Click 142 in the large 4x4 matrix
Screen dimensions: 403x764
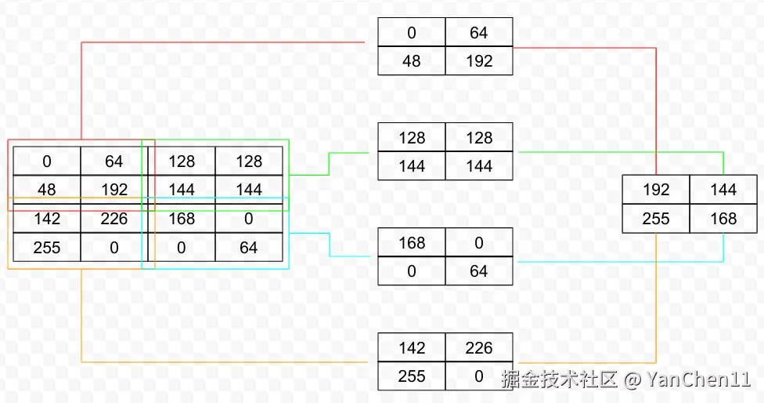tap(47, 219)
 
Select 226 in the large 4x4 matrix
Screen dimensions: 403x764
tap(114, 219)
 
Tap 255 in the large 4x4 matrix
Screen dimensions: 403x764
tap(47, 248)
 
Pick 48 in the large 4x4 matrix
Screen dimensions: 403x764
tap(47, 190)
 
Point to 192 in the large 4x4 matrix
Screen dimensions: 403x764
tap(114, 190)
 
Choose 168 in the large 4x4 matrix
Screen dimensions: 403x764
tap(182, 219)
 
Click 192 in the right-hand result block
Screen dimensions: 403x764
tap(656, 190)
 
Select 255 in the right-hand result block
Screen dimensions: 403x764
tap(656, 219)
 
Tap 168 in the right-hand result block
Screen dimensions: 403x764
tap(723, 219)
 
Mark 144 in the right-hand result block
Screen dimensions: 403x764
tap(723, 190)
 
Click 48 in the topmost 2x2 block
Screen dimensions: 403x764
tap(412, 61)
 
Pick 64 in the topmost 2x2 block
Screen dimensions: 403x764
tap(479, 33)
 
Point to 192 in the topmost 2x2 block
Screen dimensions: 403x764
tap(479, 61)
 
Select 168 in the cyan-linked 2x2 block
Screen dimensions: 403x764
tap(412, 242)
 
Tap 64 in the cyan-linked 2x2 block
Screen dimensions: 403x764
tap(479, 271)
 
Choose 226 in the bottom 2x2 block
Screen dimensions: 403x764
tap(479, 347)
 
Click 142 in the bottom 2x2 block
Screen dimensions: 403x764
tap(412, 347)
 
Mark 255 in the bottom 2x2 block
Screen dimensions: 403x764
tap(412, 376)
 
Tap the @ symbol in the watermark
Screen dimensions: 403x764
tap(632, 380)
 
